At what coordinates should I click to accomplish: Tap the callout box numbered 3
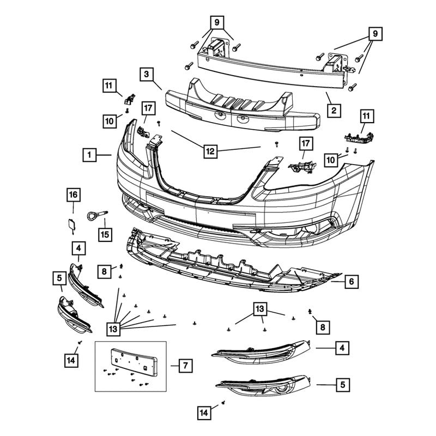click(x=146, y=74)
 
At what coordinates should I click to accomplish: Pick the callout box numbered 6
click(x=352, y=282)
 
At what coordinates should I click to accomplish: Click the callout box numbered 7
click(x=185, y=365)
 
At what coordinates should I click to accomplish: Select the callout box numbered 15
click(x=104, y=234)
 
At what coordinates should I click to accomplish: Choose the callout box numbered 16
click(x=74, y=195)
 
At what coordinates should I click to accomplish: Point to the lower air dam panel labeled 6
click(x=229, y=261)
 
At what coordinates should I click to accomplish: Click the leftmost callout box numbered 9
click(x=216, y=23)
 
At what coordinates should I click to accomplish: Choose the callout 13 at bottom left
click(x=113, y=329)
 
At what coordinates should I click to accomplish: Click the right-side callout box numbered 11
click(x=366, y=116)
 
